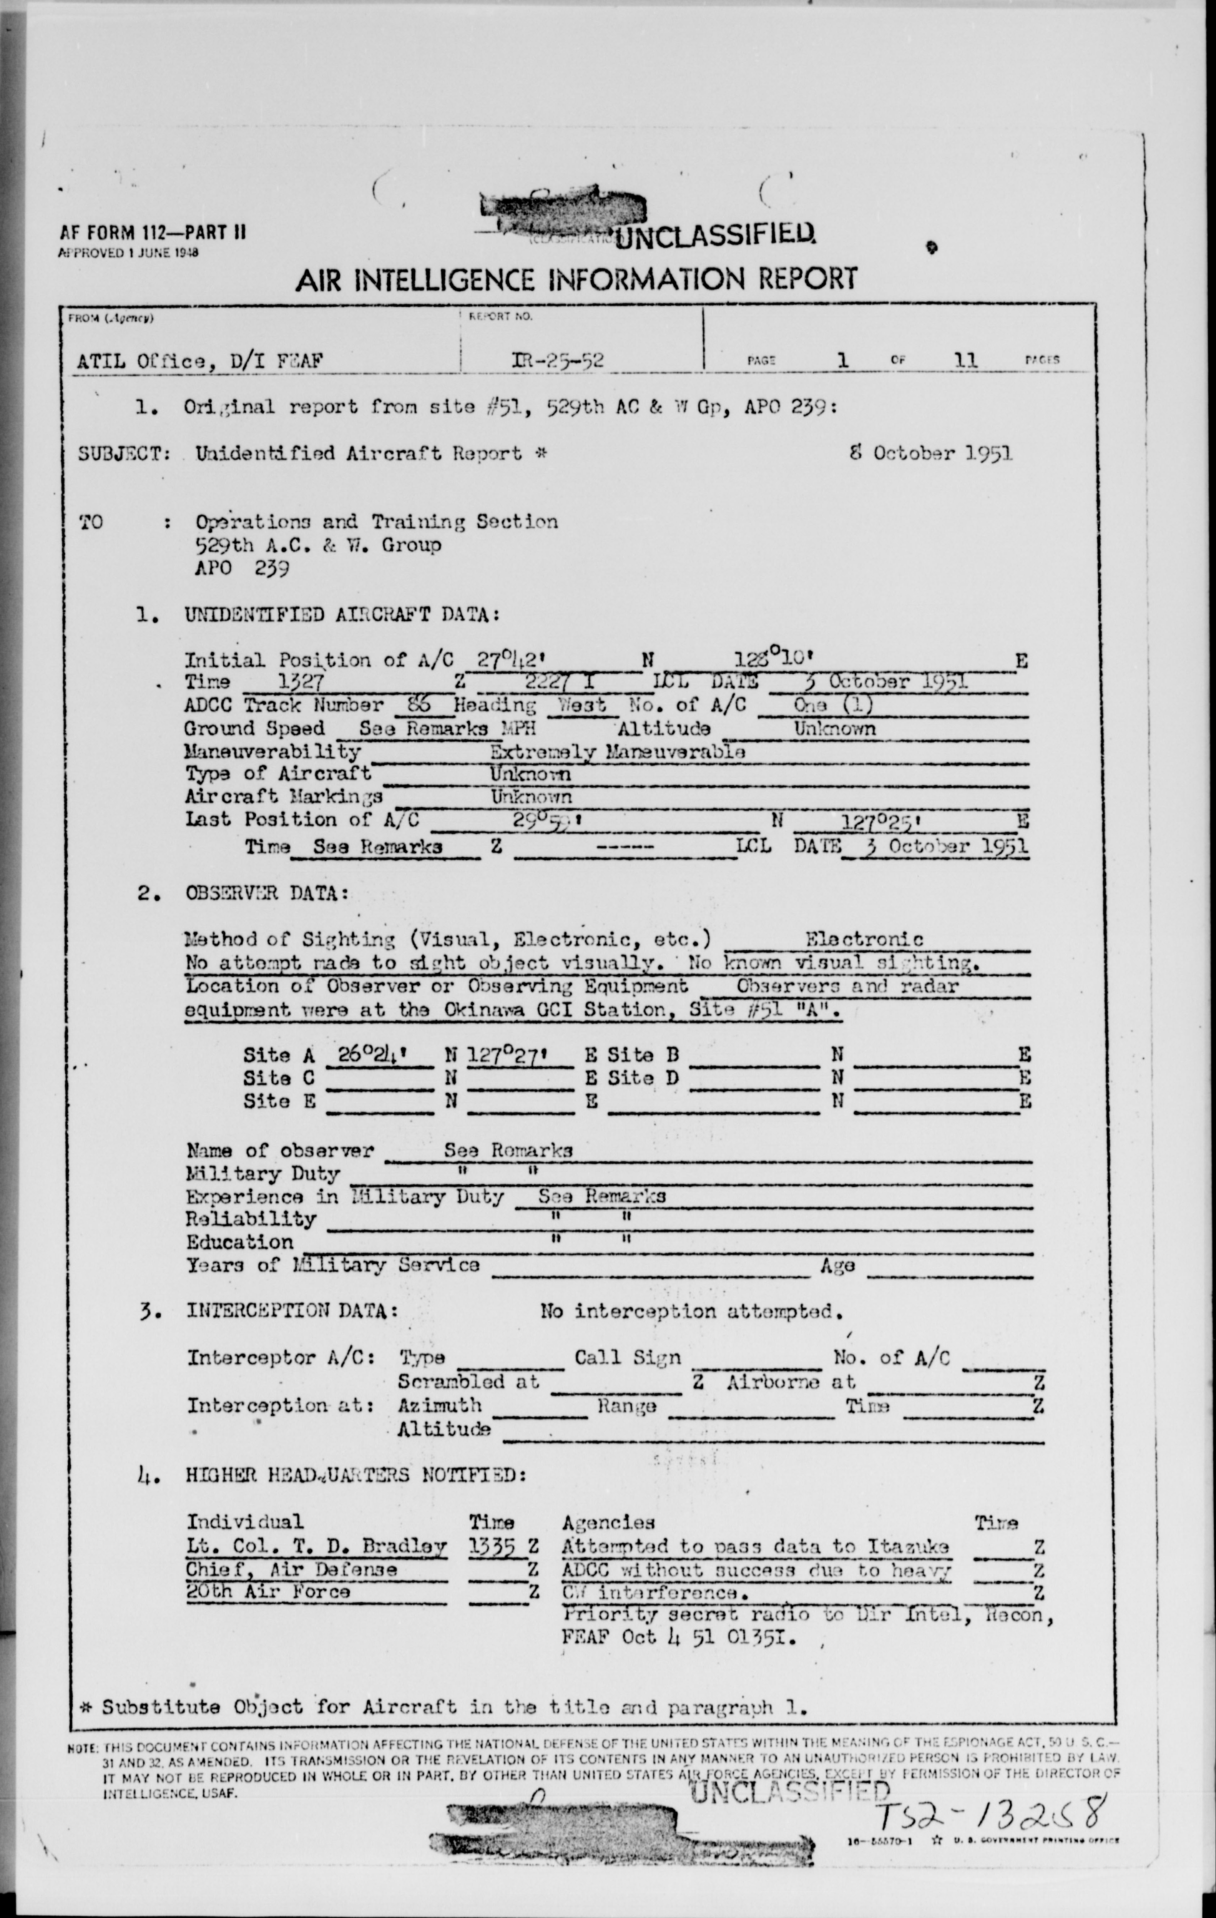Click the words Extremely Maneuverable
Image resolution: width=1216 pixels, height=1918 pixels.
point(617,751)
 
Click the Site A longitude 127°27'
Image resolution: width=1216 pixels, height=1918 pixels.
point(518,1055)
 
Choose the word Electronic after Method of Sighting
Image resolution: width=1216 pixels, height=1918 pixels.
point(864,940)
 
